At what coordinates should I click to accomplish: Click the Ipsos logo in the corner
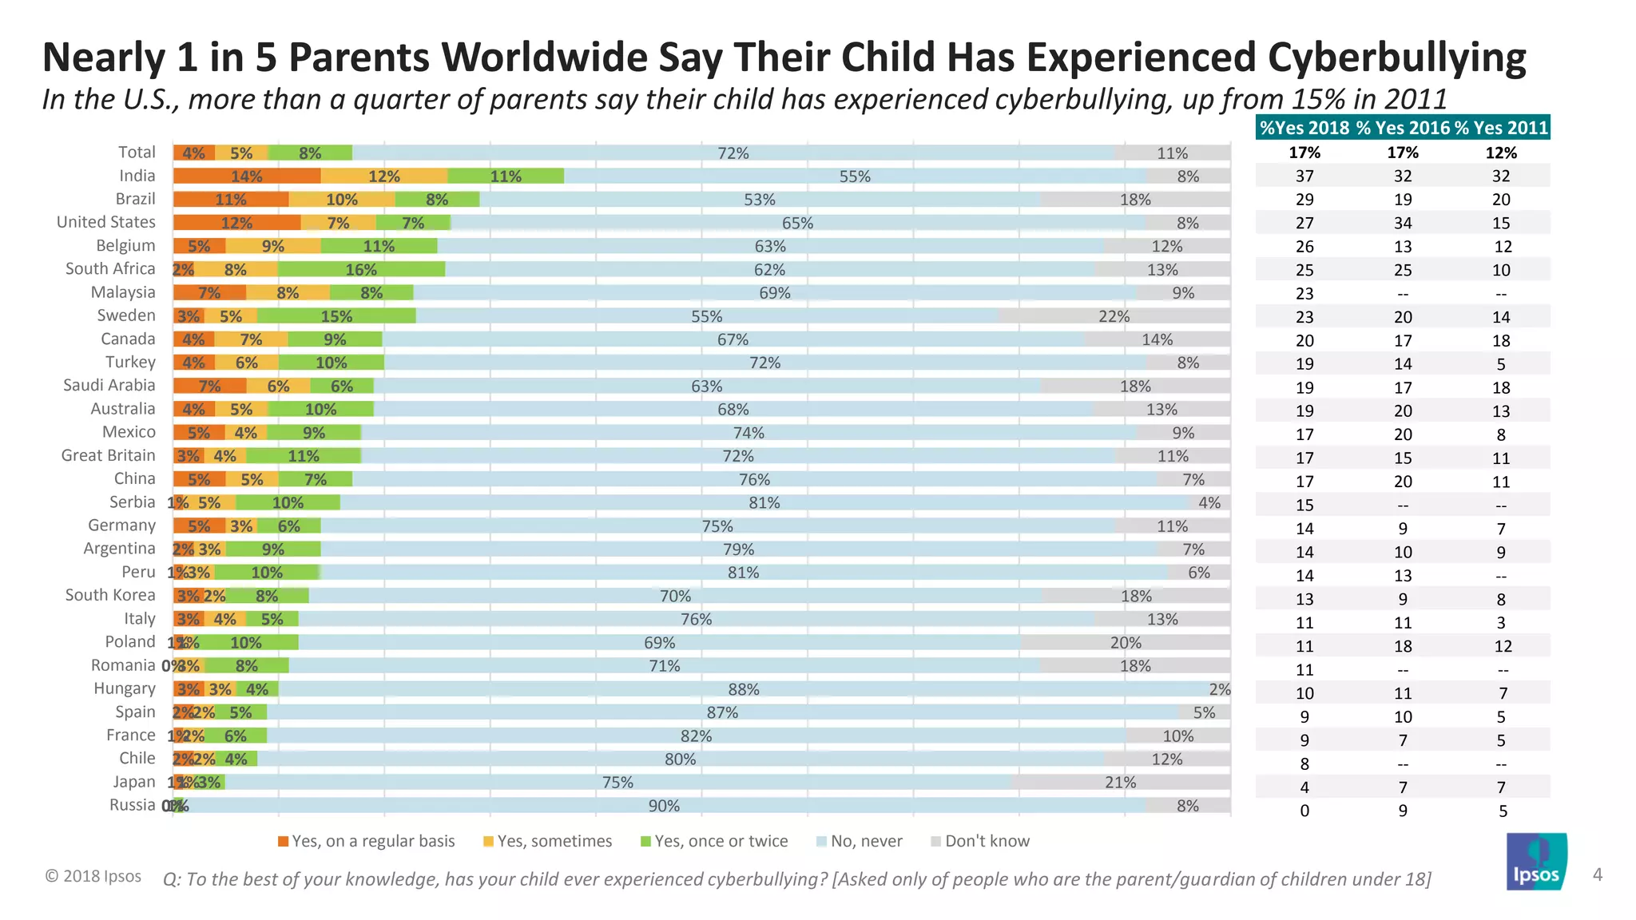[1536, 862]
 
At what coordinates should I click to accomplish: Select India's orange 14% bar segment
[247, 176]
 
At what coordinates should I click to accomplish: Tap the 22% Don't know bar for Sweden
[1114, 316]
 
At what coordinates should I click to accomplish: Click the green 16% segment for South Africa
[361, 270]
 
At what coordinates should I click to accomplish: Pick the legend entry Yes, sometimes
[548, 841]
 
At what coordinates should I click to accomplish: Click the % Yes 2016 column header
[1403, 128]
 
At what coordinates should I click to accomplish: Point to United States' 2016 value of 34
[1403, 223]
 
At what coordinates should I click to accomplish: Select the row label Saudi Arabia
[109, 386]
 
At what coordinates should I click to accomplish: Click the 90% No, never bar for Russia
[664, 806]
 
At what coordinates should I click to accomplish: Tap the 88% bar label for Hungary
[744, 689]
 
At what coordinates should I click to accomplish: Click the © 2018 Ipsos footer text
[93, 876]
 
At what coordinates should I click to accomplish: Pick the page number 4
[1597, 874]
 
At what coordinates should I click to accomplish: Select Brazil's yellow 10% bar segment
[342, 200]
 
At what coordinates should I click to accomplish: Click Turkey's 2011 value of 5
[1501, 364]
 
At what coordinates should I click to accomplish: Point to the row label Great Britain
[109, 455]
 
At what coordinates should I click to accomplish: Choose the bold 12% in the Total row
[1501, 153]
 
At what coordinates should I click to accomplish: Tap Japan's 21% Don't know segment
[1120, 783]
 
